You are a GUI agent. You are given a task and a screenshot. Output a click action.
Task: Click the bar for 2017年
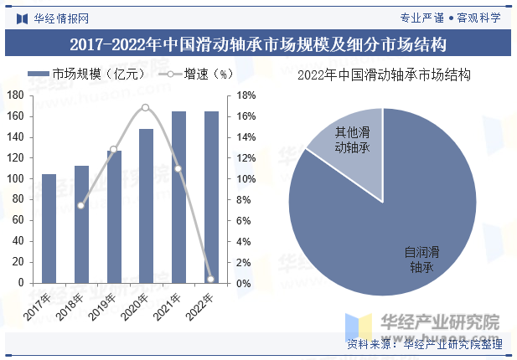pos(49,229)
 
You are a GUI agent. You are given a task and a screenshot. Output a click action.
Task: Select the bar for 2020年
pos(147,206)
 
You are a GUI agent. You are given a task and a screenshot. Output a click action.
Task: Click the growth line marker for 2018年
pos(81,205)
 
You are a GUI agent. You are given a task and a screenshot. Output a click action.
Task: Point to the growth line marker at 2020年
pos(146,108)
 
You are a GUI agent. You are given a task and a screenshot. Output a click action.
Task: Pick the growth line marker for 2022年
pos(211,279)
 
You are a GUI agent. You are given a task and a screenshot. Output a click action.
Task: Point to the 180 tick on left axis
pos(14,95)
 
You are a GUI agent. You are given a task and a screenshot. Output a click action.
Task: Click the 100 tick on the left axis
pos(14,179)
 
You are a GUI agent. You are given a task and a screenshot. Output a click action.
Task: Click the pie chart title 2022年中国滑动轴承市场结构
pos(384,75)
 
